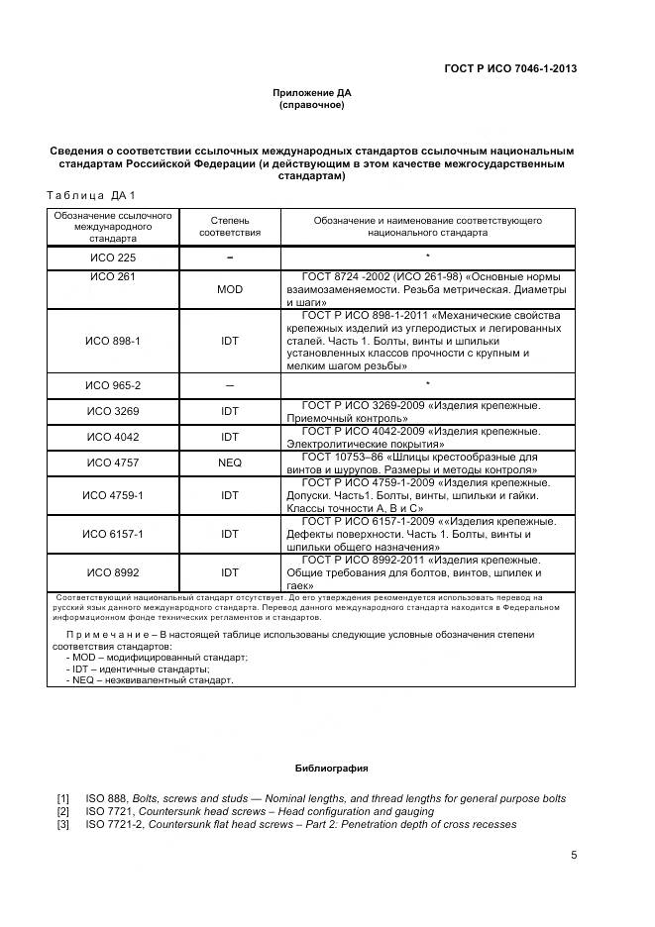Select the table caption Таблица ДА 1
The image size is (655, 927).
click(x=90, y=194)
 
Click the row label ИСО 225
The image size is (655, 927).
click(x=112, y=257)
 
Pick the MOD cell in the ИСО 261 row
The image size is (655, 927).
click(x=230, y=289)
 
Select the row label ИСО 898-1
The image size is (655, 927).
click(x=112, y=340)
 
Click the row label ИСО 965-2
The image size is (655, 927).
click(x=112, y=384)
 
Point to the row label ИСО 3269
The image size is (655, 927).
click(x=112, y=410)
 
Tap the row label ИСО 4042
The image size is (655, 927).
click(x=112, y=436)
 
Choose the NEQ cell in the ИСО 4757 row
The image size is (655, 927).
click(x=230, y=462)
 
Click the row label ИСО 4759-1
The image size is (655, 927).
click(x=112, y=494)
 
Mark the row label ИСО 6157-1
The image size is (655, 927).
click(x=112, y=533)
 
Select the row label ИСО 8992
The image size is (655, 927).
click(x=112, y=571)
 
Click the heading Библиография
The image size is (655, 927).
click(x=331, y=769)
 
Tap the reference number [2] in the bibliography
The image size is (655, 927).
click(x=63, y=811)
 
